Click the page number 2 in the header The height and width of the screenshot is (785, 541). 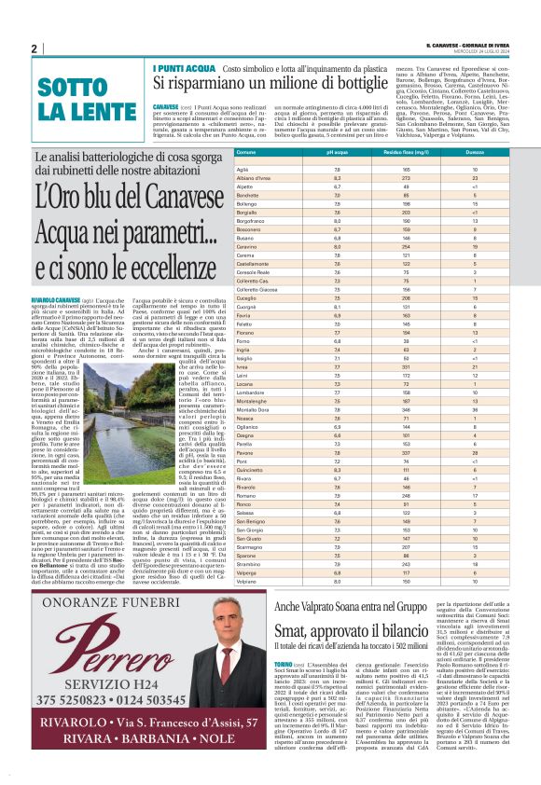pos(34,48)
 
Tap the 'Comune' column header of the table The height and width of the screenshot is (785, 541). pos(246,151)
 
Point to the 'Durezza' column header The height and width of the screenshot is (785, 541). pos(475,151)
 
